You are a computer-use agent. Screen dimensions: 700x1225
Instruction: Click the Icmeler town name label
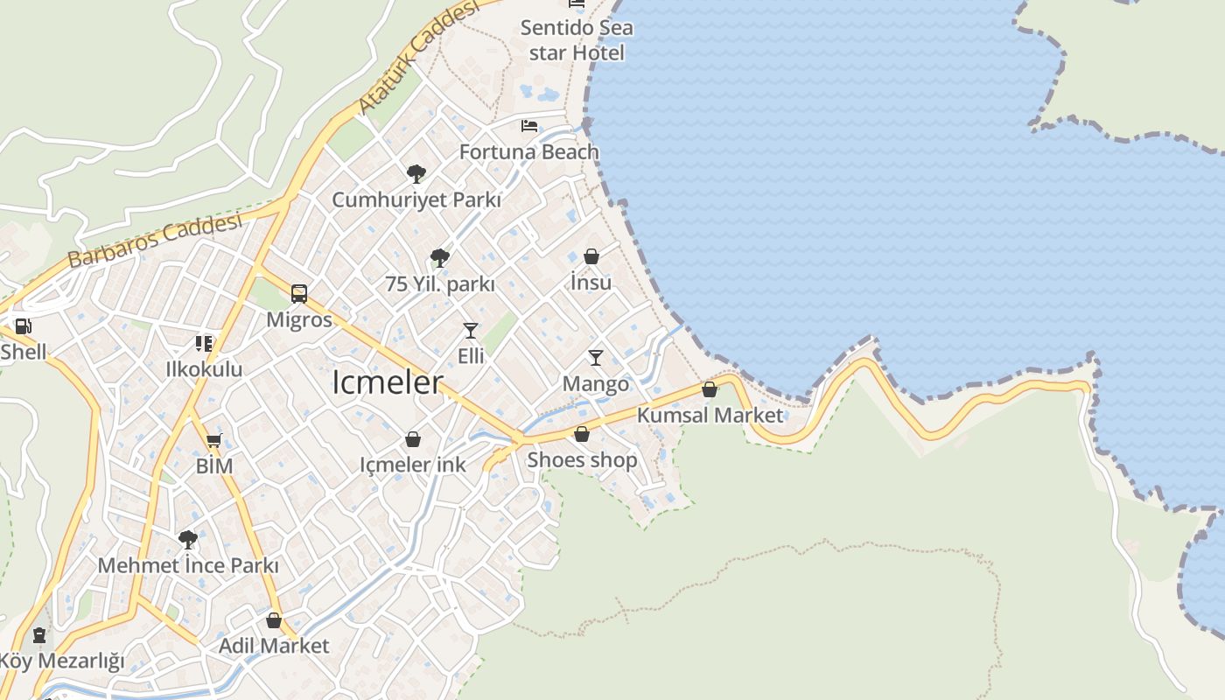click(388, 382)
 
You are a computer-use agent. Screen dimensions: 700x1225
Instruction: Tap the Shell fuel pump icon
click(24, 327)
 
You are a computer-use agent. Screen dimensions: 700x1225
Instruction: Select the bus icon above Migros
click(299, 293)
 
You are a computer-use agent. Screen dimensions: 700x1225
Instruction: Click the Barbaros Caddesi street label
click(154, 241)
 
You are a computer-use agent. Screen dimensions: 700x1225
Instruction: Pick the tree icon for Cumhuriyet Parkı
click(416, 173)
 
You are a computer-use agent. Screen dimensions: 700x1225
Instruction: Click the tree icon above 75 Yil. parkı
click(440, 257)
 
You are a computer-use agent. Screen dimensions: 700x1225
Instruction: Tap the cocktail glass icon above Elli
click(471, 330)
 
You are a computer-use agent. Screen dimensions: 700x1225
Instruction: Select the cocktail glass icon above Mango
click(596, 357)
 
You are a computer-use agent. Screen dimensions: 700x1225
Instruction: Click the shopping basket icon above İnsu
click(591, 256)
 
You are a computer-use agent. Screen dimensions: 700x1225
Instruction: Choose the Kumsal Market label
click(710, 415)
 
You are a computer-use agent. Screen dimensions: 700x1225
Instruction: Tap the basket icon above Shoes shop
click(582, 434)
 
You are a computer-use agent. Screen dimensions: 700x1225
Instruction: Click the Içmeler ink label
click(413, 465)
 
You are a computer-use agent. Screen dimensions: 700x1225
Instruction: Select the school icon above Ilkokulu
click(204, 343)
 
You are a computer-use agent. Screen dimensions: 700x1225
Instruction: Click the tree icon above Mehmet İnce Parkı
click(187, 539)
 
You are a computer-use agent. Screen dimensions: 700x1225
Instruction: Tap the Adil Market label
click(274, 646)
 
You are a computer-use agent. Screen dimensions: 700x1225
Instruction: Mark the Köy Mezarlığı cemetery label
click(62, 661)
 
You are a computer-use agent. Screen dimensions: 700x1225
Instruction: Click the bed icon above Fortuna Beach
click(529, 126)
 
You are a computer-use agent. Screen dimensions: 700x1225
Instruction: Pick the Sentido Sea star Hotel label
click(577, 40)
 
